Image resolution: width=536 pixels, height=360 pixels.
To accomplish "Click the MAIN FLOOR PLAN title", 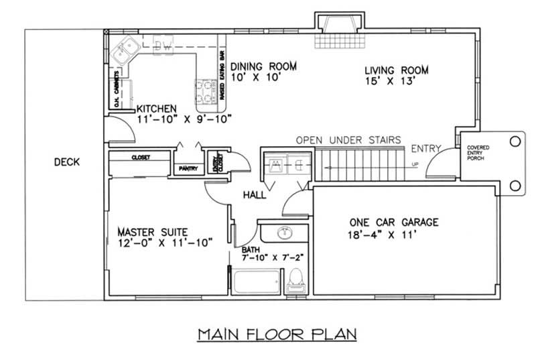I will [277, 333].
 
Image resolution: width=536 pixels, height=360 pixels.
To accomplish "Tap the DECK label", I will [68, 162].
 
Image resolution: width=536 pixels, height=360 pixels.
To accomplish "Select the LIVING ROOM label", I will [396, 70].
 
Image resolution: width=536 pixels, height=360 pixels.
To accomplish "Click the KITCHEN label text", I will [156, 109].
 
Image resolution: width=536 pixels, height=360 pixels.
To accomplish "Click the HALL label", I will [254, 195].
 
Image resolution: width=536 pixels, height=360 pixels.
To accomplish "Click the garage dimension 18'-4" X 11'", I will [384, 235].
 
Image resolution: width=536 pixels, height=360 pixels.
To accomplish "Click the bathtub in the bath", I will [257, 281].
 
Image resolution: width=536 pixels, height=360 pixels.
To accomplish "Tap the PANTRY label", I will [188, 169].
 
